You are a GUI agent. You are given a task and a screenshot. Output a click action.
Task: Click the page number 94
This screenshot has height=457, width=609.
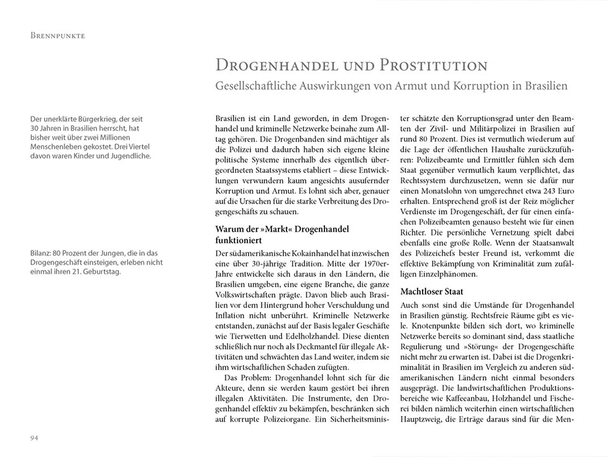point(34,439)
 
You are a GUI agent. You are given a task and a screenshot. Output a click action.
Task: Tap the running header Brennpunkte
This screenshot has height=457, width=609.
point(58,35)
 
